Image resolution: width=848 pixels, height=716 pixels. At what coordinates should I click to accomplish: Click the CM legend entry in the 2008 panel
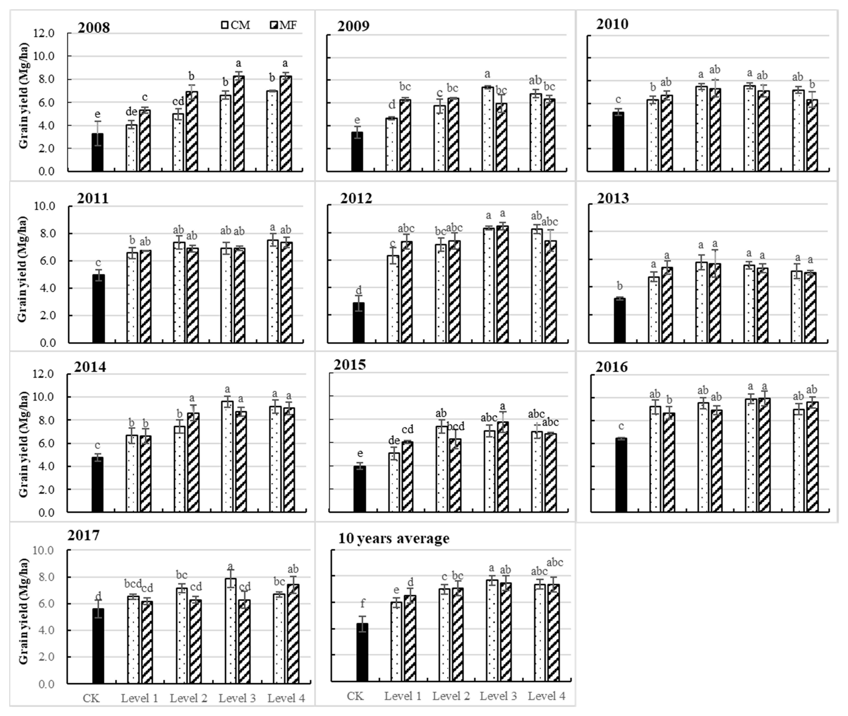tap(236, 25)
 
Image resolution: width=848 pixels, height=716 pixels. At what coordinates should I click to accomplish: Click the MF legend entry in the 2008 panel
tap(283, 25)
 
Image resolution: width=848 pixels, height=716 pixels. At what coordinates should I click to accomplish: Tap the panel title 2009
tap(353, 26)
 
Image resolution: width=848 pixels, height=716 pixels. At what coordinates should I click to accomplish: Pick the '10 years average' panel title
tap(394, 538)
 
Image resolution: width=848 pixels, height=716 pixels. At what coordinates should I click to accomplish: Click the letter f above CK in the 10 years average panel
tap(363, 604)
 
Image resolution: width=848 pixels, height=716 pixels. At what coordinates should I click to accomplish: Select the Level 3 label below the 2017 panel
tap(237, 698)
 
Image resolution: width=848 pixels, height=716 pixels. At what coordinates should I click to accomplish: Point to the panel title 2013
tap(613, 198)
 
